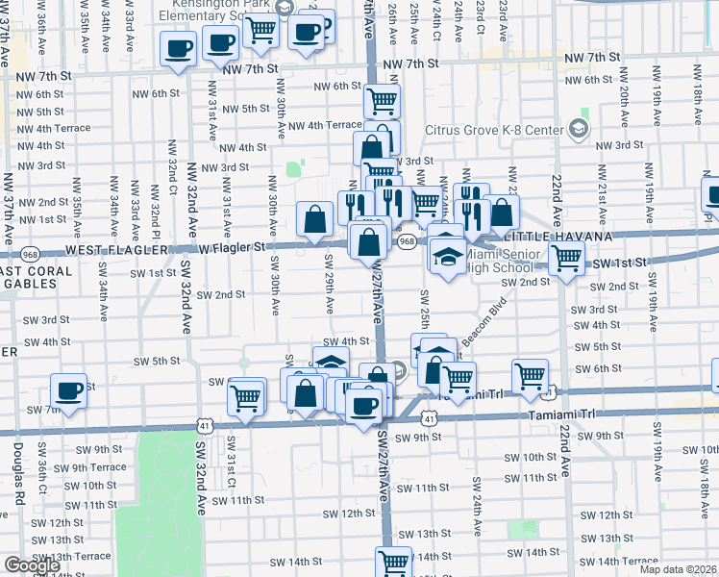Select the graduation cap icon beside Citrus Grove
click(x=580, y=127)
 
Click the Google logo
click(x=32, y=565)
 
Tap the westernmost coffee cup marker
click(x=68, y=390)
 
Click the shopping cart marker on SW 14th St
click(x=393, y=562)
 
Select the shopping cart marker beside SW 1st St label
click(x=567, y=257)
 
